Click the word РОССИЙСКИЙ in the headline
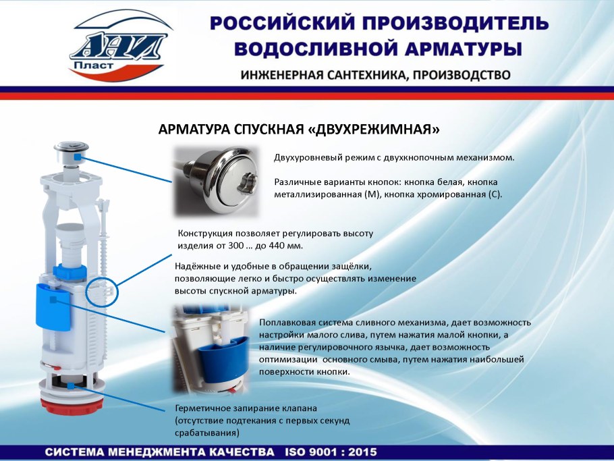(280, 24)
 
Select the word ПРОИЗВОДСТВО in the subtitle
(462, 75)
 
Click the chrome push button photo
(216, 182)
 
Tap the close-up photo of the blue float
(211, 350)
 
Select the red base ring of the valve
(72, 406)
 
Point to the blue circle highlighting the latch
(102, 292)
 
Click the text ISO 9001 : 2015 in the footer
(331, 452)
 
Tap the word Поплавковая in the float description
(287, 323)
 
